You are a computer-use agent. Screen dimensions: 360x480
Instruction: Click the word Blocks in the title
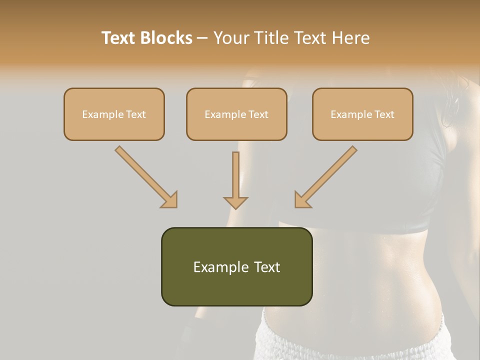[x=166, y=38]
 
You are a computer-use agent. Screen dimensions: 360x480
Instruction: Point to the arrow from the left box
[x=145, y=176]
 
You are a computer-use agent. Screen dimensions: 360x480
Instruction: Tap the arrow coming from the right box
[x=326, y=176]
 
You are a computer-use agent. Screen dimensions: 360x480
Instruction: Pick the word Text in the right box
[x=384, y=114]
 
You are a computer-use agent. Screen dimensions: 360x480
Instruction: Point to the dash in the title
[x=202, y=38]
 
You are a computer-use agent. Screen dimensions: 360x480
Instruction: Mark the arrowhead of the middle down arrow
[x=235, y=202]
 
